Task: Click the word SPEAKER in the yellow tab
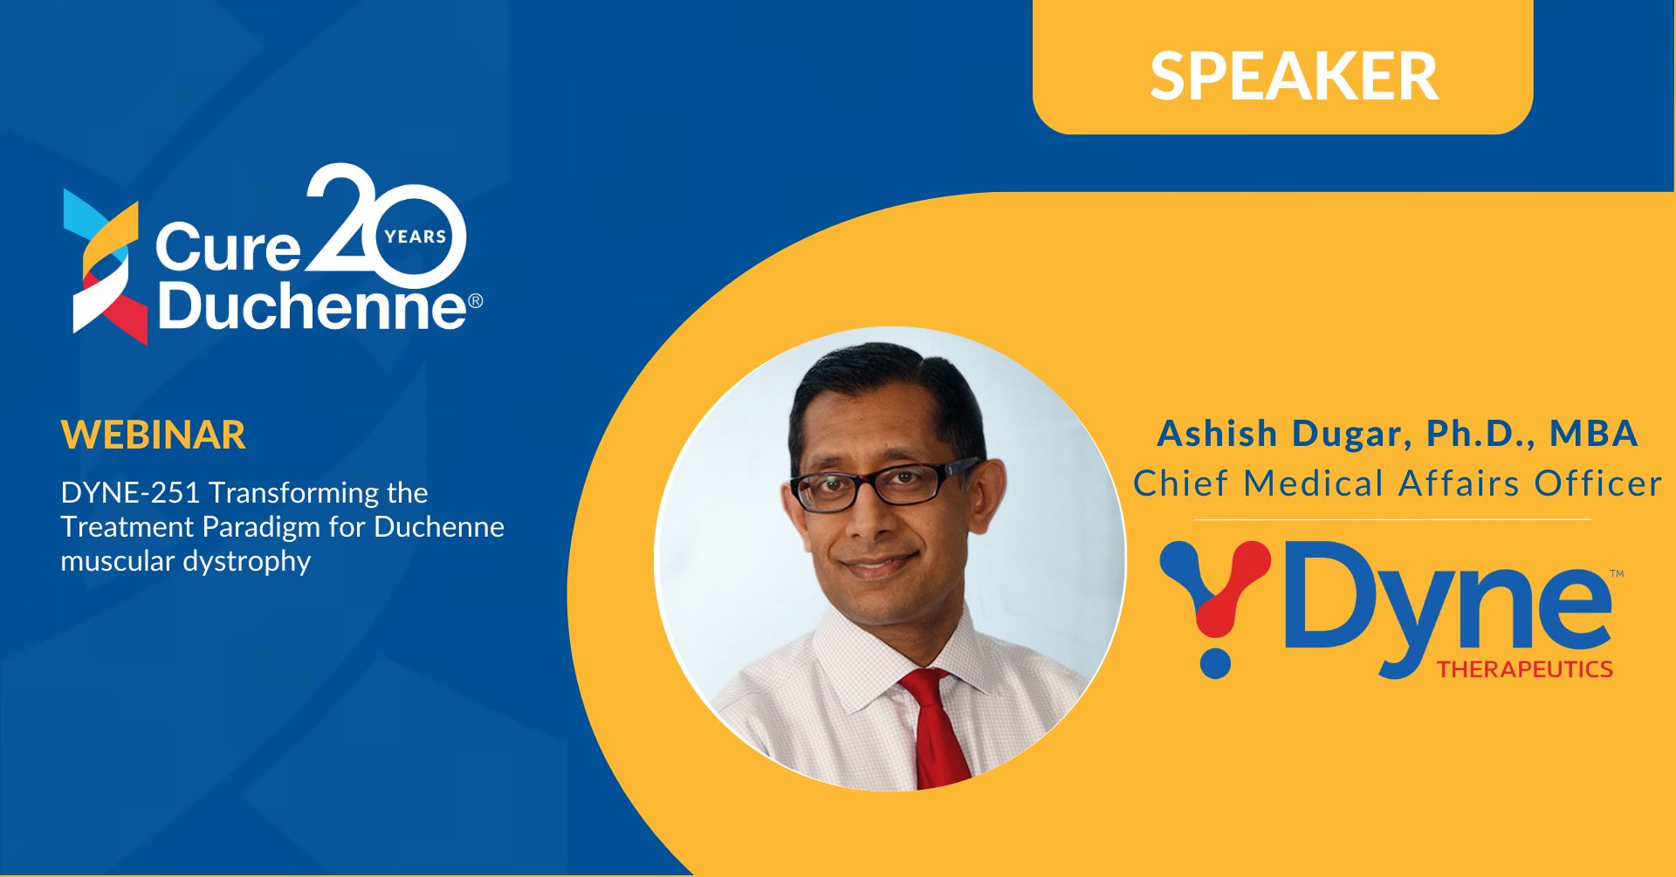tap(1294, 76)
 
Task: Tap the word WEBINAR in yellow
tap(154, 435)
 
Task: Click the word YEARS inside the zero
tap(416, 236)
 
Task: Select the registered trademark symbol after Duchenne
tap(476, 301)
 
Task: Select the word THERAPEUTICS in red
tap(1525, 669)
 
